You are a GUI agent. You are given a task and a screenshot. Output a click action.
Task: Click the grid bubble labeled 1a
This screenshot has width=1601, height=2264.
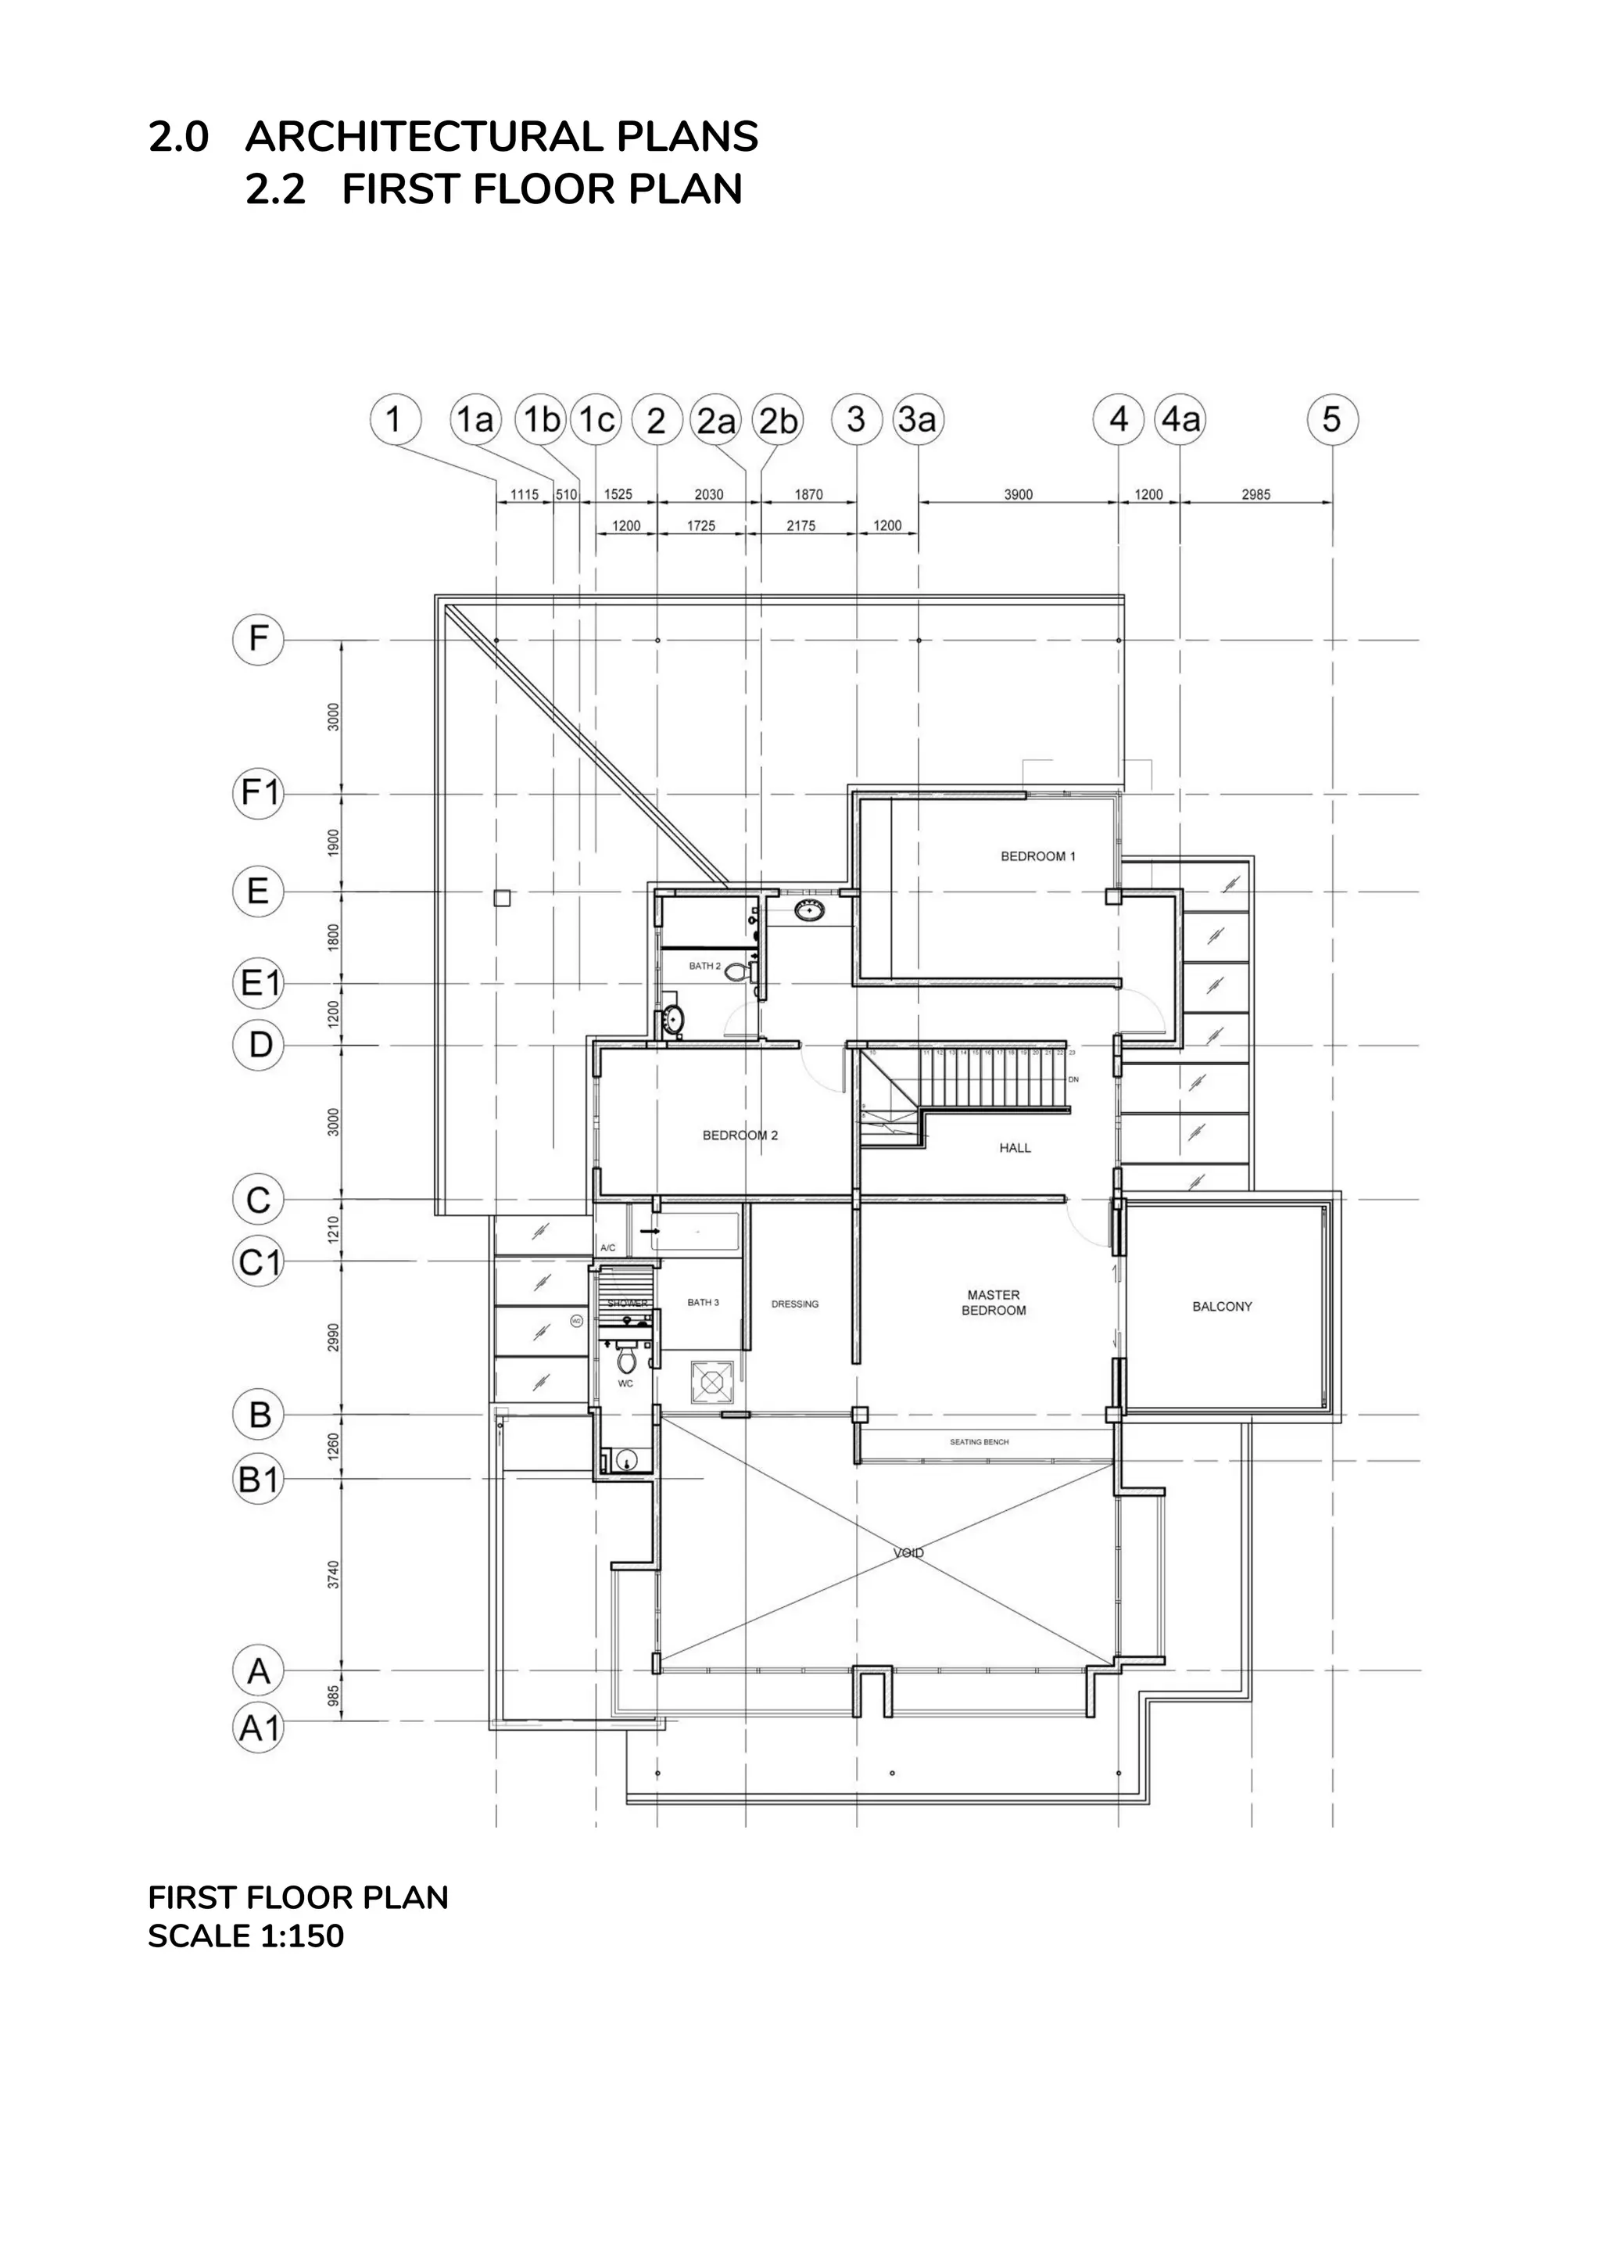[x=475, y=420]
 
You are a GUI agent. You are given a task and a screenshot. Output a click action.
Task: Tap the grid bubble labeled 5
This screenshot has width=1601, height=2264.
[x=1332, y=420]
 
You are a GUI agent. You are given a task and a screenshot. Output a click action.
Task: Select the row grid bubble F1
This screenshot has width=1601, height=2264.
[x=258, y=794]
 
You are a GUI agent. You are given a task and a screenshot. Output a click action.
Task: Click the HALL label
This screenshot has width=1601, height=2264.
[x=1015, y=1148]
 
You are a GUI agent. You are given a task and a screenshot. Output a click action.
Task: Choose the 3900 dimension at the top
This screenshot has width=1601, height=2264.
[x=1019, y=494]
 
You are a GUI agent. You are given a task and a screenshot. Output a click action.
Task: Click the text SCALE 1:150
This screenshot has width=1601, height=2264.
[x=245, y=1936]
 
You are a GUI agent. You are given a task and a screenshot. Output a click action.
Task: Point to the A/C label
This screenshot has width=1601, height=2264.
[x=607, y=1248]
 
